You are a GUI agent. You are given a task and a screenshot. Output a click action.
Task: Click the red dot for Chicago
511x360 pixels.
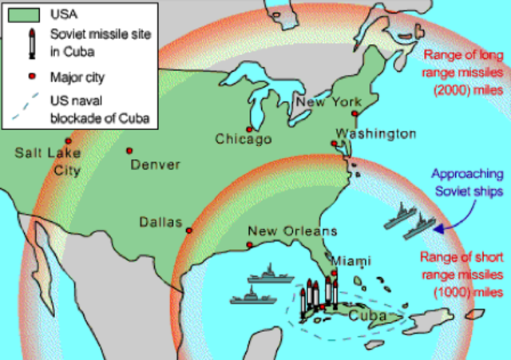pyautogui.click(x=250, y=129)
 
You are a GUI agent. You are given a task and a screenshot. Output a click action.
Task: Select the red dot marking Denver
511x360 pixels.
pyautogui.click(x=129, y=149)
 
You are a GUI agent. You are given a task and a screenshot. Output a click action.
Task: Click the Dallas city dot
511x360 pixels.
pyautogui.click(x=189, y=231)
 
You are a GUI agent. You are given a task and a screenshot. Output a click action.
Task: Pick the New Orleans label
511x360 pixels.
pyautogui.click(x=292, y=231)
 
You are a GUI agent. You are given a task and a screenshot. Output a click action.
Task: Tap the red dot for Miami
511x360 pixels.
pyautogui.click(x=335, y=274)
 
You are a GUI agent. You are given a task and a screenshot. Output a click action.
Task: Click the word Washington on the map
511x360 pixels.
pyautogui.click(x=375, y=133)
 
